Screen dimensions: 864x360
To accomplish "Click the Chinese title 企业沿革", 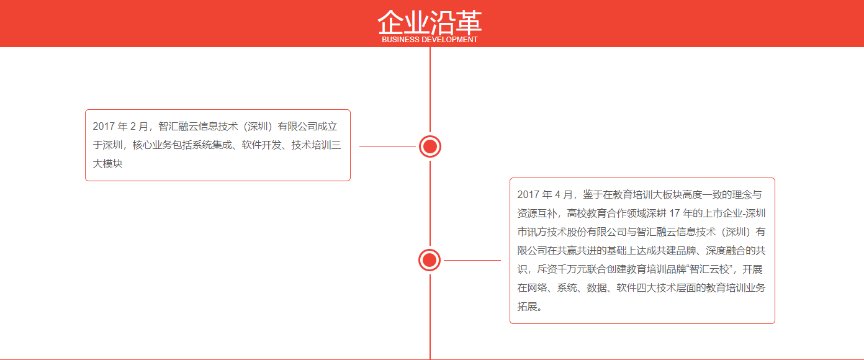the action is point(430,22).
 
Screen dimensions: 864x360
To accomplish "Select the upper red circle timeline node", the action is point(430,146).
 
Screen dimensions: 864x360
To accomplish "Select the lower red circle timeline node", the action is point(430,260).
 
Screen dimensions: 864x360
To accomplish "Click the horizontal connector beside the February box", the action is point(387,146).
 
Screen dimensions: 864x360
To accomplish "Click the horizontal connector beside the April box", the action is point(472,260).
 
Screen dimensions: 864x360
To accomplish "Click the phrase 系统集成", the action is point(212,145).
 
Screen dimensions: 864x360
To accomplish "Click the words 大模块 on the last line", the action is point(107,164).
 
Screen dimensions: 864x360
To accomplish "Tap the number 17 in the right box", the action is point(674,213).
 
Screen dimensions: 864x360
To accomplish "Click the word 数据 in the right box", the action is point(596,287).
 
